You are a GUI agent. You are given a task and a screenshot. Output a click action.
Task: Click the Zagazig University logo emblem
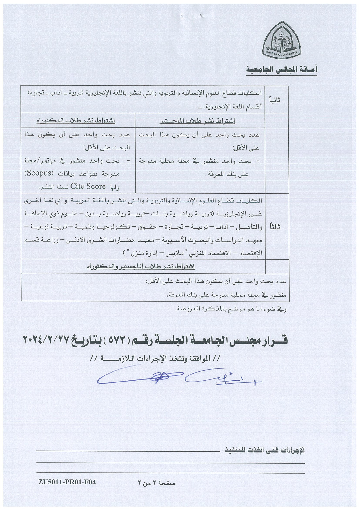282,40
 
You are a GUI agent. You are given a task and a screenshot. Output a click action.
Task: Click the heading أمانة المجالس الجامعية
282,70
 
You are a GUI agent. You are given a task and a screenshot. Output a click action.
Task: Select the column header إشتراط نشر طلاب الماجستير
201,121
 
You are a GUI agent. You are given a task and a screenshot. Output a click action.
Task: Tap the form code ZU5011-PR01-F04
67,482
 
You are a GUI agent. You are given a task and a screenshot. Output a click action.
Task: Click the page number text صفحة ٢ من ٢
156,483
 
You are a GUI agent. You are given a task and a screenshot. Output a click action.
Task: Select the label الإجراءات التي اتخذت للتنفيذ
265,450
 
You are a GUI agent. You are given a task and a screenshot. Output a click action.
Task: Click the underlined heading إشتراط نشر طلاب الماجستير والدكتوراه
140,266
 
